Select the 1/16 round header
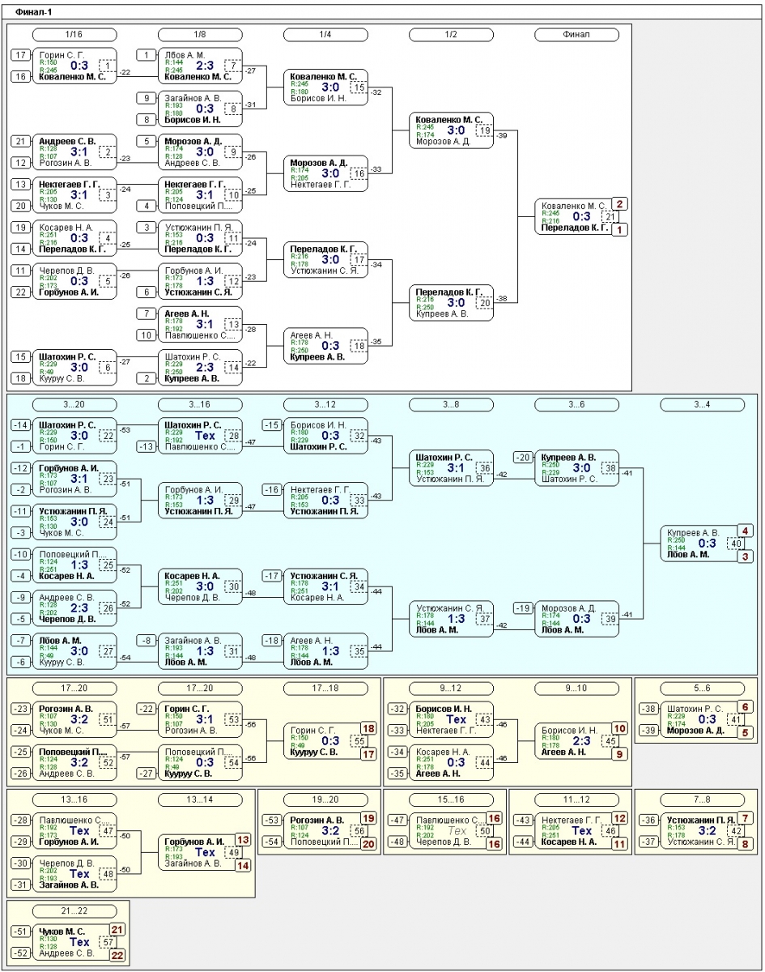74,35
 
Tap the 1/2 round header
451,35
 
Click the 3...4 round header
702,404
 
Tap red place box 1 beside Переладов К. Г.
620,230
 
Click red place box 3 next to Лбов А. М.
746,556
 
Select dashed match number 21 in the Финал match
609,217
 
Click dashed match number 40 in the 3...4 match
735,544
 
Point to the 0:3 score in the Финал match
581,217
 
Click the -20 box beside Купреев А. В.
523,458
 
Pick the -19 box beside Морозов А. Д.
523,608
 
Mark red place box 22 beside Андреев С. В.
117,956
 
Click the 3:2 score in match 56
330,830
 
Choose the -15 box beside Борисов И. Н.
273,425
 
